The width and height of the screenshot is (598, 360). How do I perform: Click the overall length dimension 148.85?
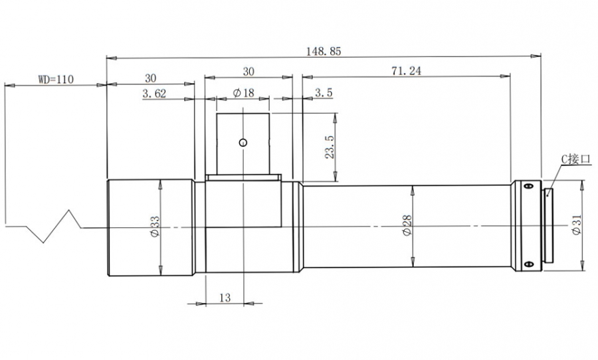[324, 51]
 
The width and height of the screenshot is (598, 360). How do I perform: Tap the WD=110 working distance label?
[56, 79]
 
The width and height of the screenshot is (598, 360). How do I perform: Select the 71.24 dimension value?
[406, 70]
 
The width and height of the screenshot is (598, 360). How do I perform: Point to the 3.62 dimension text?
[154, 94]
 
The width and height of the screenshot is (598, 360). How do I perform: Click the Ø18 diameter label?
[243, 93]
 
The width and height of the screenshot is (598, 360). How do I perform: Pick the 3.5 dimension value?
[324, 93]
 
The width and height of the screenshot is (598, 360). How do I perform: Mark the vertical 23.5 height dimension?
[330, 147]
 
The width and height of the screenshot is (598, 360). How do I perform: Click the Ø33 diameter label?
[155, 226]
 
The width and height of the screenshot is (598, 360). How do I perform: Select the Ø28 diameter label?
[407, 225]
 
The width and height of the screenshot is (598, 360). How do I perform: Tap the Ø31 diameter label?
[576, 225]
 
